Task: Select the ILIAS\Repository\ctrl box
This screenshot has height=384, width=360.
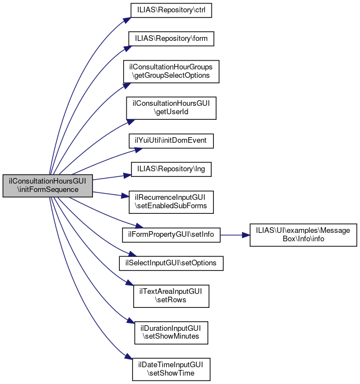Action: coord(171,10)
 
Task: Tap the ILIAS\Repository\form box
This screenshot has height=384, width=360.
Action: coord(171,39)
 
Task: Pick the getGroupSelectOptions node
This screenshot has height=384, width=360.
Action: coord(171,71)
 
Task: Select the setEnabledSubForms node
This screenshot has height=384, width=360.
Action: coord(171,202)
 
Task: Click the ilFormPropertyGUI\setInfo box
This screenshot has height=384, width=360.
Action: coord(171,235)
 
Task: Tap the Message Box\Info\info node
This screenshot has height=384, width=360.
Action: coord(303,235)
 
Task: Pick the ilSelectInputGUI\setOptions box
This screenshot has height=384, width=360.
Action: coord(171,263)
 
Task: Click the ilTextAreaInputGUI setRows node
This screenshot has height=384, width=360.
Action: coord(171,295)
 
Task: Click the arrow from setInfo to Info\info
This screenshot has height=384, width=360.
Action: coord(235,235)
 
